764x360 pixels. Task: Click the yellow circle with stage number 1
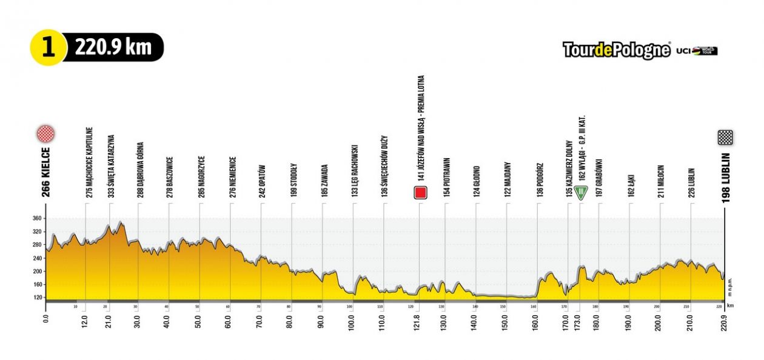coord(48,47)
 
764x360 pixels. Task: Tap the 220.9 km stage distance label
coord(114,47)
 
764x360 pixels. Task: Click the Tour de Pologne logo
coord(616,50)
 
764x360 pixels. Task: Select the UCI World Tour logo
coord(697,51)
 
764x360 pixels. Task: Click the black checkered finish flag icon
coord(725,138)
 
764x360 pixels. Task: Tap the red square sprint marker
coord(420,193)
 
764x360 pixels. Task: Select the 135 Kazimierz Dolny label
coord(569,166)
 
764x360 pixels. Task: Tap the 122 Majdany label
coord(507,180)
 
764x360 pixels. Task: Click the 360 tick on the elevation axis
coord(37,218)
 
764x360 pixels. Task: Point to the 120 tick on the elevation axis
coord(37,298)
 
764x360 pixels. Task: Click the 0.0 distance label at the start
coord(47,317)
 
